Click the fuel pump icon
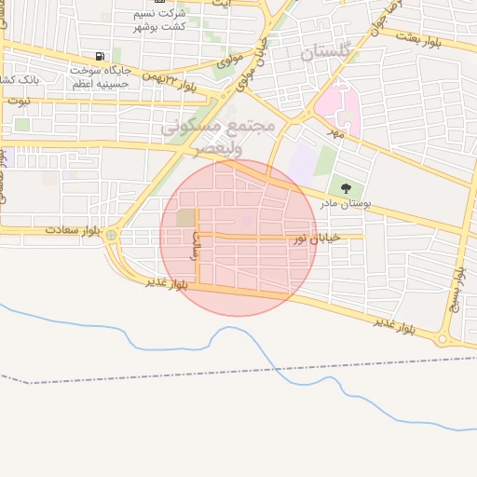[x=100, y=56]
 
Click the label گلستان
[x=326, y=52]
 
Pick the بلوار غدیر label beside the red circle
[x=167, y=282]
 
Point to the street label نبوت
[x=19, y=99]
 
